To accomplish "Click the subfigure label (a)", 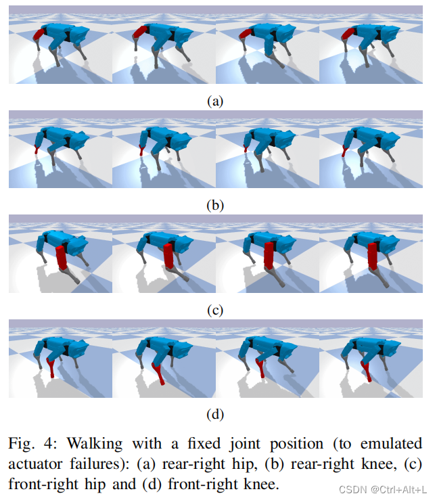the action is pyautogui.click(x=215, y=101).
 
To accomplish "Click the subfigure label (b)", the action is pyautogui.click(x=215, y=206).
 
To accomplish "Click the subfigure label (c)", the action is pyautogui.click(x=215, y=310).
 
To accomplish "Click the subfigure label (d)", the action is pyautogui.click(x=215, y=413).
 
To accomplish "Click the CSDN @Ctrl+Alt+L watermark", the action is pyautogui.click(x=382, y=488).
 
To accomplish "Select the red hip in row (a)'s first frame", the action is pyautogui.click(x=40, y=32).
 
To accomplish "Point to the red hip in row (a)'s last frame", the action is pyautogui.click(x=352, y=33).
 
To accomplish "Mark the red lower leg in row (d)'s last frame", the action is pyautogui.click(x=366, y=370).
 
